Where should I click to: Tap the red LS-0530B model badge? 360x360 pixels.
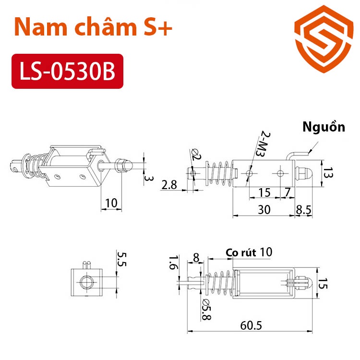click(x=67, y=71)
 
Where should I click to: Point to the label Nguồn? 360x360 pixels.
click(x=324, y=127)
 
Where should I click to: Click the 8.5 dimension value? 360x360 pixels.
click(x=304, y=209)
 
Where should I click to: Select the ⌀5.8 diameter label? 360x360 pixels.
click(x=206, y=305)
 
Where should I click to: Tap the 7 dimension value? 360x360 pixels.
click(x=287, y=192)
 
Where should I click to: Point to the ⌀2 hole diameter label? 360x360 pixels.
click(x=196, y=154)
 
